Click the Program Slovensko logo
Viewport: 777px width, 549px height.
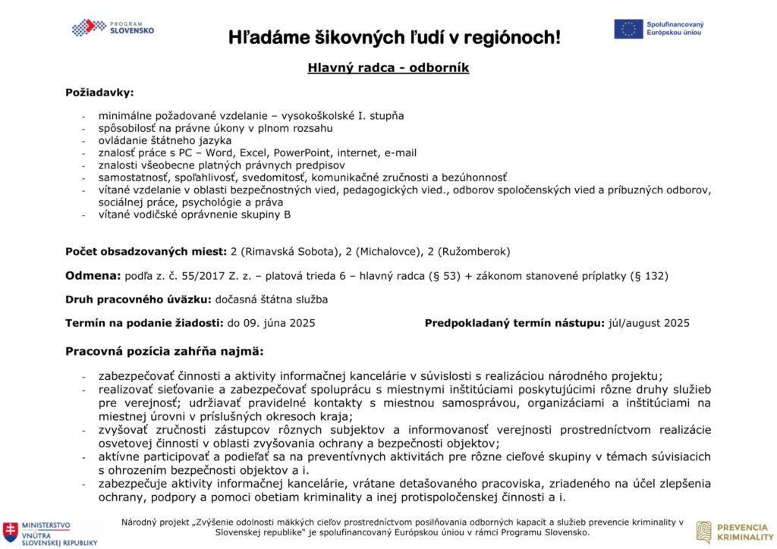113,27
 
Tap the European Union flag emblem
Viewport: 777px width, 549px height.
628,29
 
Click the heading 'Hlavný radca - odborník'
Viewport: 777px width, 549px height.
388,67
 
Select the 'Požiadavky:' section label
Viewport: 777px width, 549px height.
99,93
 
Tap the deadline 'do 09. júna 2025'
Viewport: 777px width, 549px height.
271,323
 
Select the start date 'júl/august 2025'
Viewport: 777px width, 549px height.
650,323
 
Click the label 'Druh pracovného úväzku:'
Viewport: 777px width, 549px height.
139,300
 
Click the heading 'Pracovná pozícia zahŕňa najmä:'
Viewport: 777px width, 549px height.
164,352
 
